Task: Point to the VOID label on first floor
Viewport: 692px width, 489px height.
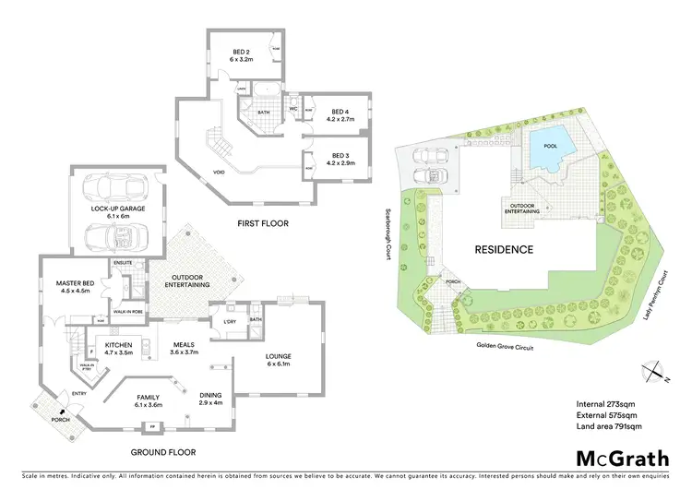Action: coord(219,172)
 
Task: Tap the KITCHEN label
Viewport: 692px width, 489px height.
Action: coord(119,347)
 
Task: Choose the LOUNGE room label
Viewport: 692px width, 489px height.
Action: coord(279,359)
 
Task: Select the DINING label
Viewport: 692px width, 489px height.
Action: coord(209,398)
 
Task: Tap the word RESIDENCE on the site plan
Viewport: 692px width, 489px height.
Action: coord(504,249)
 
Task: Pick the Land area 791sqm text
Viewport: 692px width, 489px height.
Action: coord(609,426)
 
